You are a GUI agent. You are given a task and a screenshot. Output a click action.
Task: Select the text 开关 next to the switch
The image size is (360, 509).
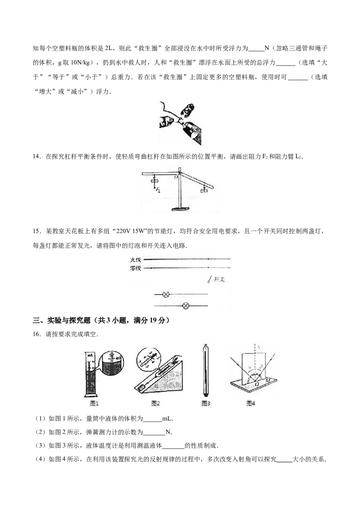[x=220, y=279]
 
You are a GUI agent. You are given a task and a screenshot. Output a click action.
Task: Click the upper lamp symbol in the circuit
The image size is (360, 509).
[x=166, y=295]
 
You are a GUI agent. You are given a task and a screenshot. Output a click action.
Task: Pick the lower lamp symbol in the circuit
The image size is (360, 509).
[x=185, y=306]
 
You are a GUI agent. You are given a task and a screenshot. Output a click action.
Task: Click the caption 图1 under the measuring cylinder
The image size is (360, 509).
[x=94, y=403]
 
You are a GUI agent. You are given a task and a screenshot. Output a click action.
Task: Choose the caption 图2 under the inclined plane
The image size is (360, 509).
[x=156, y=403]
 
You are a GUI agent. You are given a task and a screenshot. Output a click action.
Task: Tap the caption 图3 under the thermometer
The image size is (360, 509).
[x=206, y=403]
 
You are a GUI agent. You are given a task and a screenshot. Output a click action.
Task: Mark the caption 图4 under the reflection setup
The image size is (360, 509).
[x=251, y=403]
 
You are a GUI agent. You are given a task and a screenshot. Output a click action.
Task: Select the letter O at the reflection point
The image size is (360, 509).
[x=257, y=384]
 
